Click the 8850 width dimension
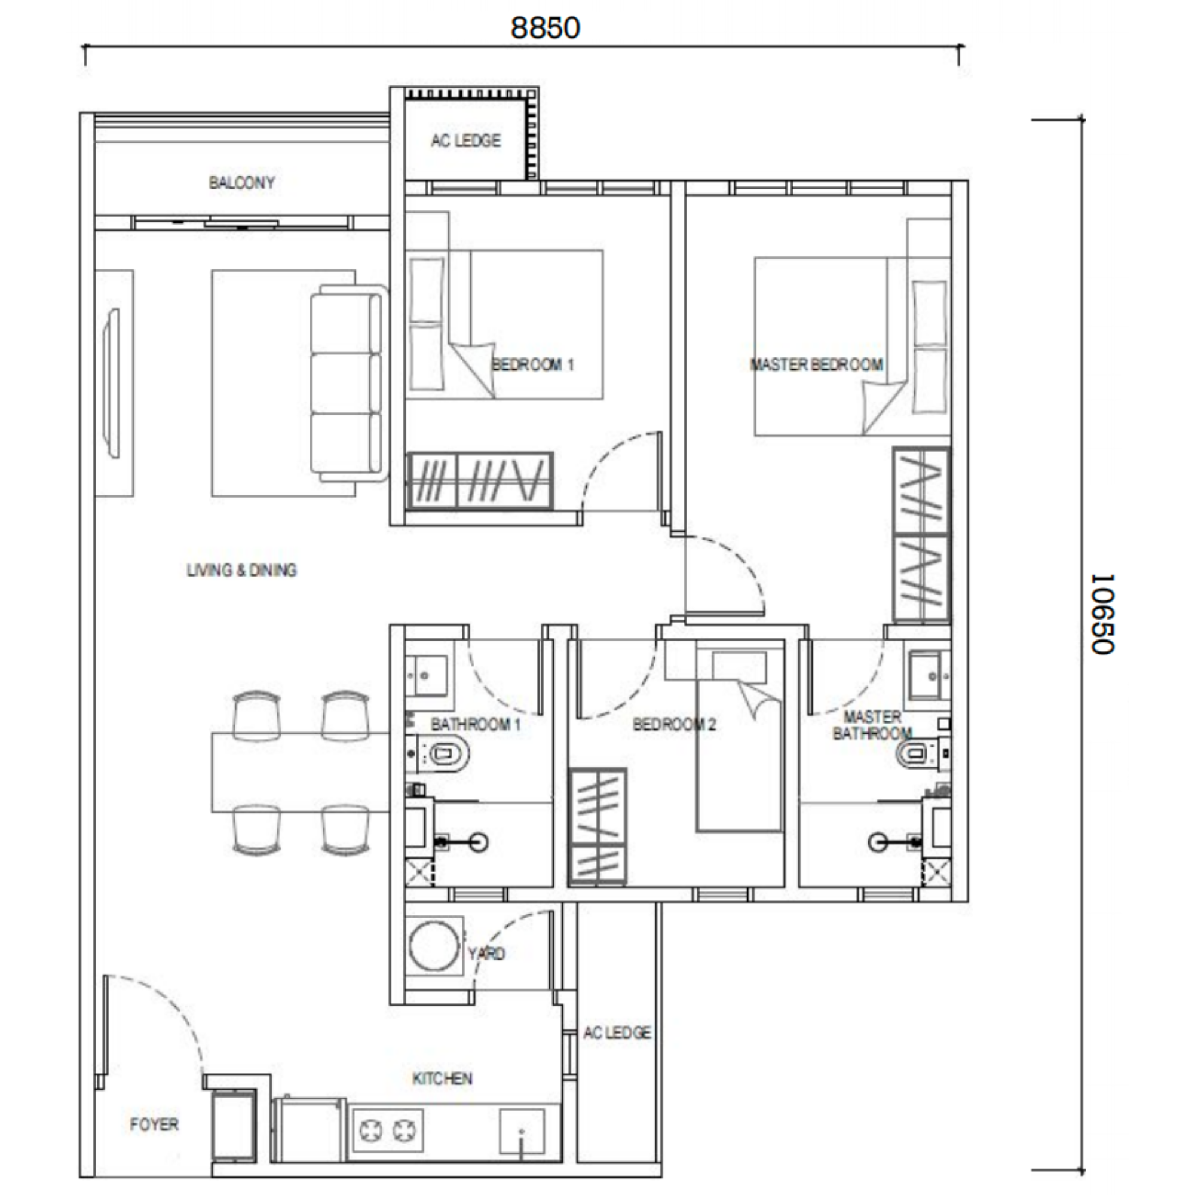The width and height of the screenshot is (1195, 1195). [545, 28]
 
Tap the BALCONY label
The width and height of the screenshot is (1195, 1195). [241, 182]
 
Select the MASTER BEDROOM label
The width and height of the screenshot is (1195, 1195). [816, 364]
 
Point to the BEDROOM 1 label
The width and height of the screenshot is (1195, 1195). [532, 364]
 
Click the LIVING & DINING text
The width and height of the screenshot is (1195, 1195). [241, 569]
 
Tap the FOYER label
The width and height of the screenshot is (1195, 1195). [154, 1124]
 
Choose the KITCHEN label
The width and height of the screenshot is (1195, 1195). [442, 1078]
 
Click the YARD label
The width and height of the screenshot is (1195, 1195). [486, 953]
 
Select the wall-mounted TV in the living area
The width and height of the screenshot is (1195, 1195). [112, 384]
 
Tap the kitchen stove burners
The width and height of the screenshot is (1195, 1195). [387, 1131]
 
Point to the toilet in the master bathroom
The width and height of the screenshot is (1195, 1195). [921, 754]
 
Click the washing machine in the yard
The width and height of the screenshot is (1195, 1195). [434, 946]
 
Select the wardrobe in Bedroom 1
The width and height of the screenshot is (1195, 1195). [479, 481]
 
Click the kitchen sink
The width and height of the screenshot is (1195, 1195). [522, 1132]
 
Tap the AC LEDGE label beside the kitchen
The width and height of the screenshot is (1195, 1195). [617, 1032]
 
